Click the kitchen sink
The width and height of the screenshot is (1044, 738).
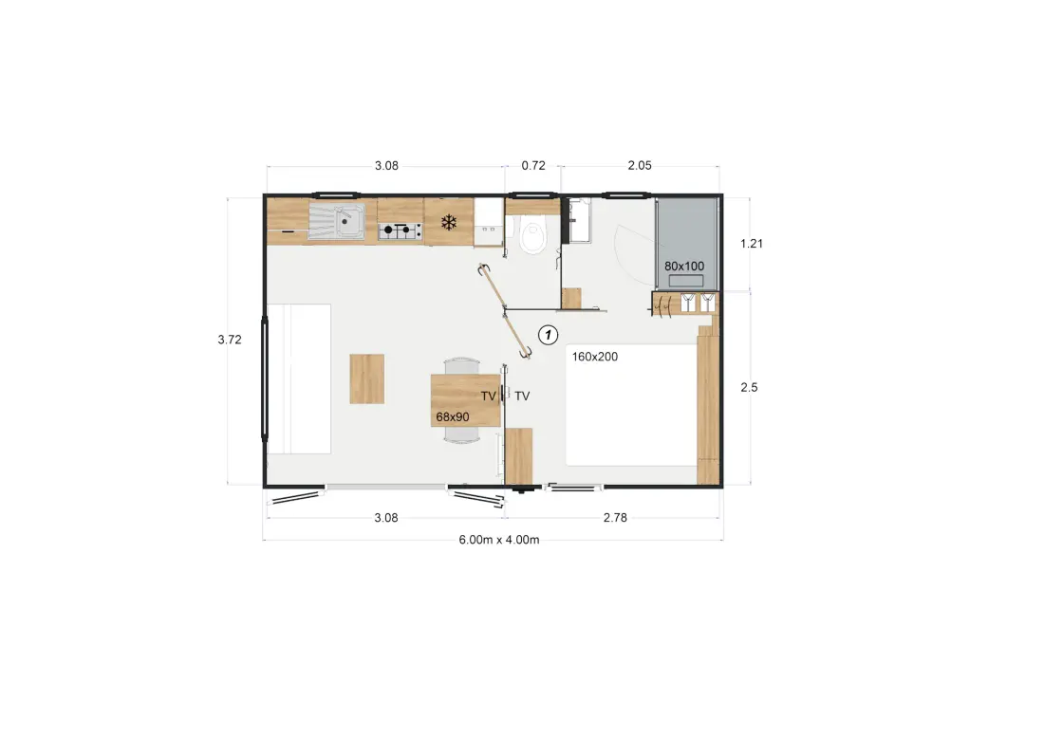(336, 221)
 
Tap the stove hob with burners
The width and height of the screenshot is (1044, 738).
(401, 231)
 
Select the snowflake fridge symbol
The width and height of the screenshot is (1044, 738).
(449, 222)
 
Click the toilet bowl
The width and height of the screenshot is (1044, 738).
(532, 237)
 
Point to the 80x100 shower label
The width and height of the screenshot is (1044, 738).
(683, 267)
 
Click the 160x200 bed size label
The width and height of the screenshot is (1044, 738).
(594, 357)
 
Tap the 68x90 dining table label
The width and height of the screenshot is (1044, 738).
(453, 417)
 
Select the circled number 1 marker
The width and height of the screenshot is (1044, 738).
(548, 335)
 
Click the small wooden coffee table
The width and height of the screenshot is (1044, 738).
(367, 378)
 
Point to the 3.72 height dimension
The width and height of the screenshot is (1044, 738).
(230, 340)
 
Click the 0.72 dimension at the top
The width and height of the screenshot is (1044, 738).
(533, 166)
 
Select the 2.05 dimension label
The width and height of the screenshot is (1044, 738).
(640, 166)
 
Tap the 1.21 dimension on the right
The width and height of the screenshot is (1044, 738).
(752, 244)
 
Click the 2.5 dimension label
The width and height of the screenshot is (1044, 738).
(749, 387)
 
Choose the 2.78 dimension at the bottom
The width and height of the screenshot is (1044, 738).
(615, 518)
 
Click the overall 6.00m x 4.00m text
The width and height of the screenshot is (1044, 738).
(499, 540)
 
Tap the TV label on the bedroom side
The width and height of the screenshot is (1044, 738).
(522, 396)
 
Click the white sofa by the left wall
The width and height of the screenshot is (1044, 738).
(299, 378)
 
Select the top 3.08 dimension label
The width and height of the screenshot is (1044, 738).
(386, 166)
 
